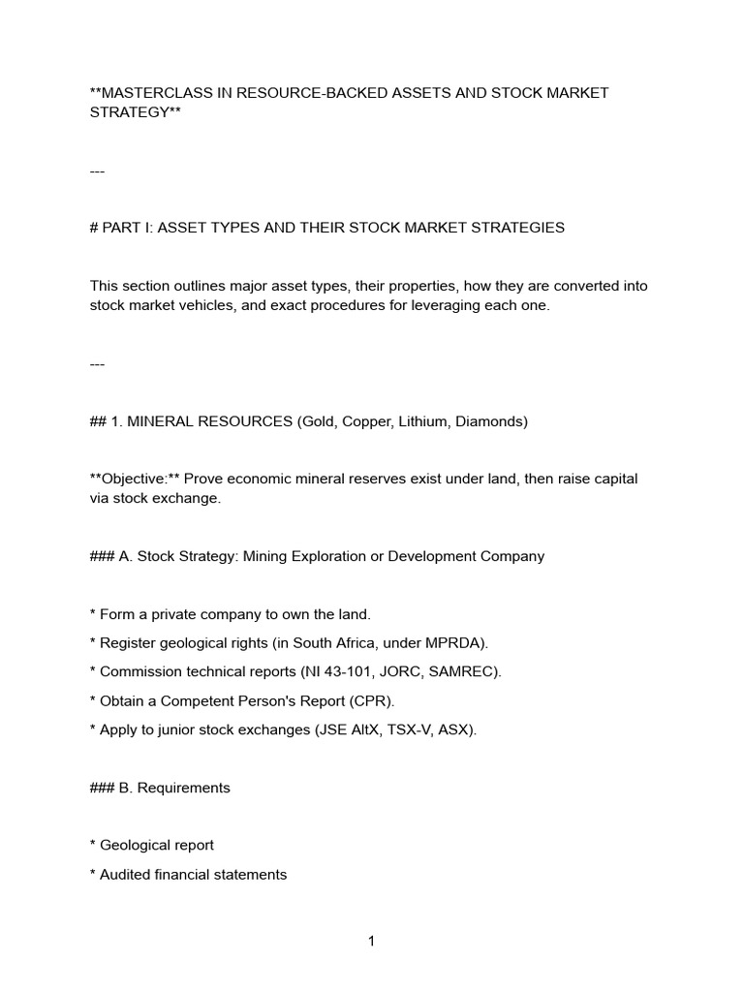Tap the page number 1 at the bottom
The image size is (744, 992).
pyautogui.click(x=371, y=942)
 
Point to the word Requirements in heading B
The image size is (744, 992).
pyautogui.click(x=184, y=788)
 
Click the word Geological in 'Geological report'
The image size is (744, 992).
pyautogui.click(x=136, y=846)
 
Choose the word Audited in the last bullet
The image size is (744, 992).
pyautogui.click(x=125, y=875)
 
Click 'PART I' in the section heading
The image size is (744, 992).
pyautogui.click(x=126, y=228)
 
